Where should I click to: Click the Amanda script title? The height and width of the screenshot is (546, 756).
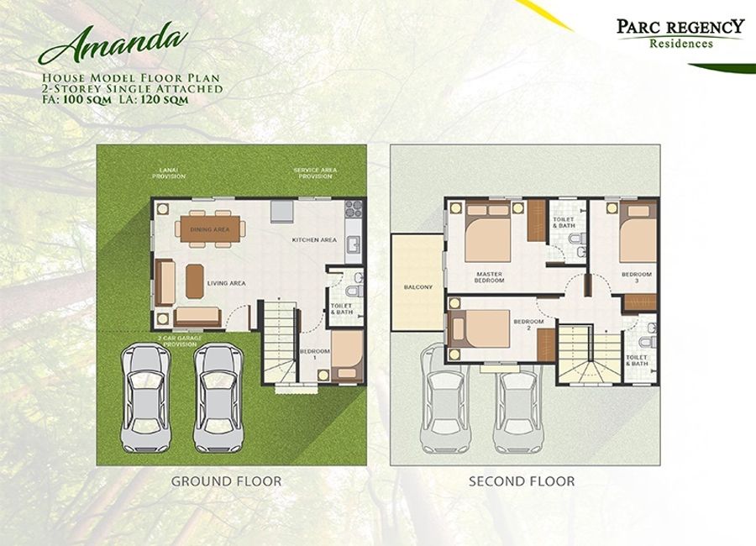(x=113, y=44)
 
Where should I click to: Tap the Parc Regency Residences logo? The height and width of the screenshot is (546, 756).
(x=680, y=34)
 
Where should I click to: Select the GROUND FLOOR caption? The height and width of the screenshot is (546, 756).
(x=226, y=480)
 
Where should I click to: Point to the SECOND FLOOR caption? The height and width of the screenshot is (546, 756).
(x=522, y=480)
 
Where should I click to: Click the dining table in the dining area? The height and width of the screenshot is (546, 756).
(x=210, y=228)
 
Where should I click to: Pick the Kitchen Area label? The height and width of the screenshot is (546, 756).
(x=314, y=239)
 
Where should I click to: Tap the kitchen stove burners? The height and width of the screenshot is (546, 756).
(x=354, y=209)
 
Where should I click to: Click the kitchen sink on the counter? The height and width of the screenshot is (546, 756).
(x=354, y=244)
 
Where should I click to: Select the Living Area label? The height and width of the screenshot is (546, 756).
(x=226, y=283)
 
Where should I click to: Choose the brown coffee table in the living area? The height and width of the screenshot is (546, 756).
(x=195, y=281)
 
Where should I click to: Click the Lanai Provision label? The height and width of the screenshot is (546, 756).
(x=169, y=173)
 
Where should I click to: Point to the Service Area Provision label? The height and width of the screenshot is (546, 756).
(x=315, y=173)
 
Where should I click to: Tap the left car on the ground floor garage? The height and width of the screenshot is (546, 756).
(x=145, y=397)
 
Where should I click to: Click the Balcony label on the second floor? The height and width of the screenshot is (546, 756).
(x=418, y=287)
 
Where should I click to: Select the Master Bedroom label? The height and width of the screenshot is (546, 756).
(x=489, y=277)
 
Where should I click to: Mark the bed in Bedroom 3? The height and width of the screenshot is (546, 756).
(x=638, y=233)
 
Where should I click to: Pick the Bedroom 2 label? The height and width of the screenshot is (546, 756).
(x=528, y=324)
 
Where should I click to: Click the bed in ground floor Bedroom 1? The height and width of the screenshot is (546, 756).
(x=347, y=356)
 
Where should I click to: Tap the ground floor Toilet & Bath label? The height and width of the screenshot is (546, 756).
(x=342, y=308)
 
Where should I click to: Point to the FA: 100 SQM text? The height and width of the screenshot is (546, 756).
(x=76, y=100)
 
